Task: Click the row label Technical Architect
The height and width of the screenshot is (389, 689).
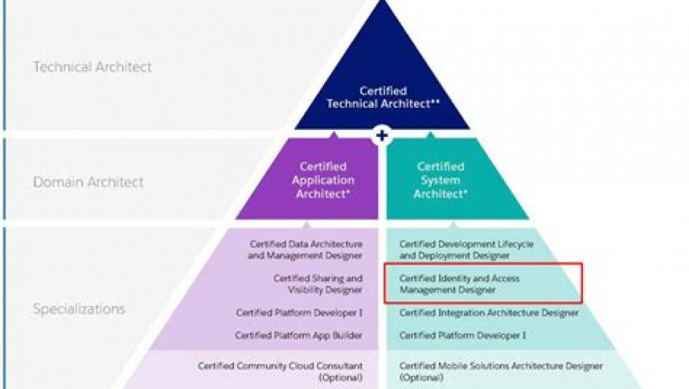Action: point(92,67)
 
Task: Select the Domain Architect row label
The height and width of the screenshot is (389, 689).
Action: point(87,182)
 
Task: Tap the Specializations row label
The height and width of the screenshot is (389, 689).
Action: point(79,309)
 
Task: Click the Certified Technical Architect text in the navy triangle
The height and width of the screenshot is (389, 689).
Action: point(383,96)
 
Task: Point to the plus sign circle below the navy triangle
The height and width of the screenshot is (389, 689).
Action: point(382,135)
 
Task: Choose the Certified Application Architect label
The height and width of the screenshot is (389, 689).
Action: point(322,179)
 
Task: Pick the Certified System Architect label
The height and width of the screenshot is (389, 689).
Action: point(441,179)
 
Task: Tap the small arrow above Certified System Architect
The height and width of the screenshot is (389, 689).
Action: point(432,136)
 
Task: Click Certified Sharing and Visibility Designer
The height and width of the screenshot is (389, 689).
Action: point(317,283)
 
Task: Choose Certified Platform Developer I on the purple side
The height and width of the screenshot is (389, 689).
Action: point(299,313)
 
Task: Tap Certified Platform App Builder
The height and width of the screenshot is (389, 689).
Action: point(299,335)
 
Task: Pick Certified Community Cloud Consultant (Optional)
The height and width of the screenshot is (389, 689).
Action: point(280,370)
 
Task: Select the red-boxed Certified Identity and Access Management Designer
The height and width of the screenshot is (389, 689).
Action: point(459,283)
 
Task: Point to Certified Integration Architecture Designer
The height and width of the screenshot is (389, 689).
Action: point(488,313)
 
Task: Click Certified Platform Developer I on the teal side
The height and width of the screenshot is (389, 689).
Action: point(462,335)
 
